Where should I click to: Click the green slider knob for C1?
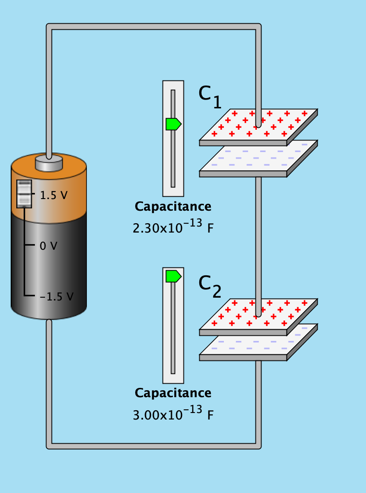tap(173, 124)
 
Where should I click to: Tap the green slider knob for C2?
tap(173, 276)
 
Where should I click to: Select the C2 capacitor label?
tap(210, 286)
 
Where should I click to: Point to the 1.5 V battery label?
tap(53, 195)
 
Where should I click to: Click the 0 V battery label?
tap(48, 246)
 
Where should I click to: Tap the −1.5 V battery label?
tap(56, 296)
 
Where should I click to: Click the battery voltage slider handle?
tap(24, 193)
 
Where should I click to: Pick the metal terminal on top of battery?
tap(49, 163)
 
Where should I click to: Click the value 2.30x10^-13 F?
tap(173, 227)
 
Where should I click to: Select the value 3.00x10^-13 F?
tap(173, 414)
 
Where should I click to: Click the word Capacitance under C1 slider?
tap(173, 207)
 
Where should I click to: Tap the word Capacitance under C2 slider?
tap(173, 393)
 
